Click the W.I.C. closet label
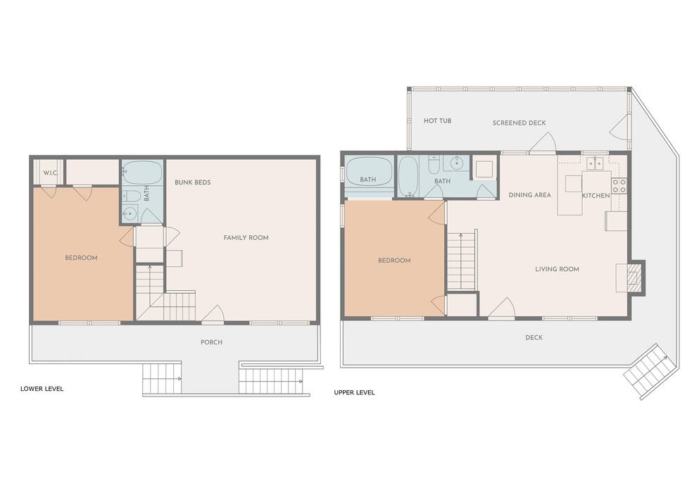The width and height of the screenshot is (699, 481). pos(51,173)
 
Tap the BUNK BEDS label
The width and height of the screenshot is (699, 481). pos(193,182)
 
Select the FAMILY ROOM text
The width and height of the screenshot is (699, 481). pos(246,237)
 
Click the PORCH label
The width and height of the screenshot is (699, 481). pos(211,342)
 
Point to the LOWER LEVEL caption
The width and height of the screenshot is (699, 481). pos(42,389)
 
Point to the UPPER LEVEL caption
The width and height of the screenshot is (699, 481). pos(354,393)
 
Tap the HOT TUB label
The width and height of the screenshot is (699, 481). pos(437,121)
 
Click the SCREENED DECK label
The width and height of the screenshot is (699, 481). pos(519,123)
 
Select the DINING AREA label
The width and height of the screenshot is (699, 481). pos(529,195)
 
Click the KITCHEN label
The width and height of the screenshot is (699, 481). pos(596,196)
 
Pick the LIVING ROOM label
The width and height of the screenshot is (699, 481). pos(558,269)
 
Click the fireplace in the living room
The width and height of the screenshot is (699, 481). pos(633,277)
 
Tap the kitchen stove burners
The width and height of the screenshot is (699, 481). pos(619,186)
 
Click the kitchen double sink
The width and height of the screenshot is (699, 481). pos(595,163)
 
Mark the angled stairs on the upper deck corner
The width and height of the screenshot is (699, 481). pos(646,371)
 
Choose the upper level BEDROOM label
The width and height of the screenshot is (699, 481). pos(394,261)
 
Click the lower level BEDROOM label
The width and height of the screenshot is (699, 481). pos(81,258)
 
